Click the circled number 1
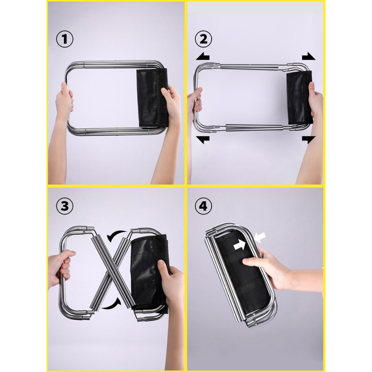tap(65, 39)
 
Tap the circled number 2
tap(203, 39)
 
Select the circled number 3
tap(65, 206)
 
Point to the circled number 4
tap(203, 206)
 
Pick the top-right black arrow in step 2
tap(309, 56)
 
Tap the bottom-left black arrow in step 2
tap(203, 140)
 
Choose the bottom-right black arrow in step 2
tap(309, 140)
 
